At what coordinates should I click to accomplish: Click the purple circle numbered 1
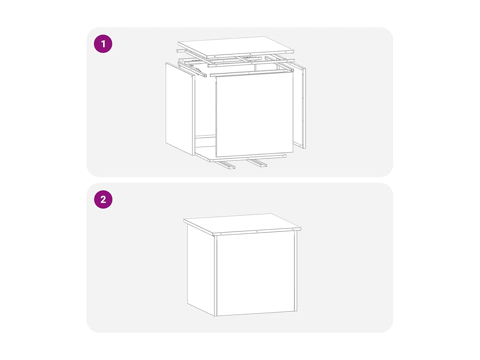(103, 44)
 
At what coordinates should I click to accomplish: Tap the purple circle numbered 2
(103, 200)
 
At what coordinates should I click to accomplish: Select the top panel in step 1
(236, 47)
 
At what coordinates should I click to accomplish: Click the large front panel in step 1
(254, 115)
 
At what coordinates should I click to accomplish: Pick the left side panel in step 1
(180, 109)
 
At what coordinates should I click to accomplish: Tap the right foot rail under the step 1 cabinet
(258, 163)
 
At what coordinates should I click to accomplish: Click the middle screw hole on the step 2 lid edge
(257, 231)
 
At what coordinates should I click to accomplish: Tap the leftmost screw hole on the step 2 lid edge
(221, 234)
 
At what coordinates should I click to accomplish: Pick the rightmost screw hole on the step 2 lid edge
(293, 229)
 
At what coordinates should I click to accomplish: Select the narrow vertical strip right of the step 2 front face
(296, 271)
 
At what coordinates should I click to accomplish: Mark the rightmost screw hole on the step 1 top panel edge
(286, 52)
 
